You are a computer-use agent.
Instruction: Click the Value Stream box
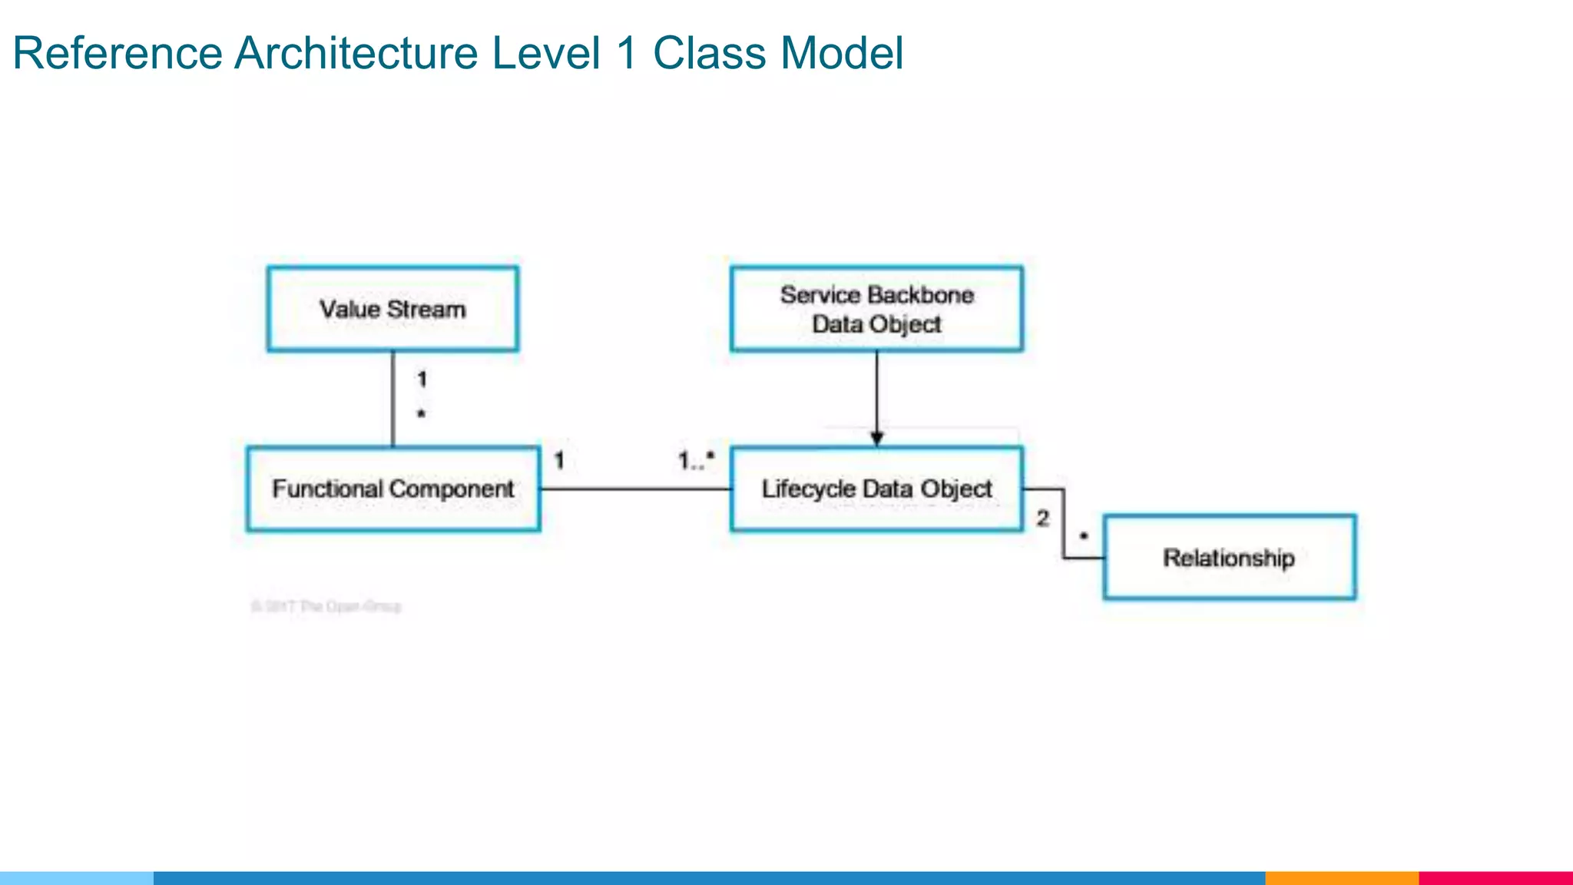(392, 309)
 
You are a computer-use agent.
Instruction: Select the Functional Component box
(392, 489)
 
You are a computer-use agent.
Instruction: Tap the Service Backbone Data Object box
(876, 309)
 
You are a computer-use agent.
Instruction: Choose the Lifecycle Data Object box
(876, 489)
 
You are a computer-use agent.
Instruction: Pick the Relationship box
(1229, 557)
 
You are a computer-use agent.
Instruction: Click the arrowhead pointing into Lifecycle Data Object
(876, 439)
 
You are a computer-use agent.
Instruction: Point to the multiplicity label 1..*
(696, 460)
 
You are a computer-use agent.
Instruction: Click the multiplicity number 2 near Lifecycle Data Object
(1042, 519)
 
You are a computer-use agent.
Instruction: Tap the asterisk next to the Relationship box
(1084, 535)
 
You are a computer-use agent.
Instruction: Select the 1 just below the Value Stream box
(422, 379)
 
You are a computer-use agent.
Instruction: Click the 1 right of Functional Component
(559, 460)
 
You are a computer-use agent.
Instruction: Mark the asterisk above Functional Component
(421, 414)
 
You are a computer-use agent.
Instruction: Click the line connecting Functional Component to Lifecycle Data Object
(635, 489)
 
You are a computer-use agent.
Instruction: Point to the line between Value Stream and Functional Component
(393, 399)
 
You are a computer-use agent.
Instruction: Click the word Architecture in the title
(356, 53)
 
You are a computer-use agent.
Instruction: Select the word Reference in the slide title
(118, 53)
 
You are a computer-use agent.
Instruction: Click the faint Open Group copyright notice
(326, 606)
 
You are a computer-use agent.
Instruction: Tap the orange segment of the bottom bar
(1341, 878)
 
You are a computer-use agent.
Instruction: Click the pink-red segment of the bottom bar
(1495, 878)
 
